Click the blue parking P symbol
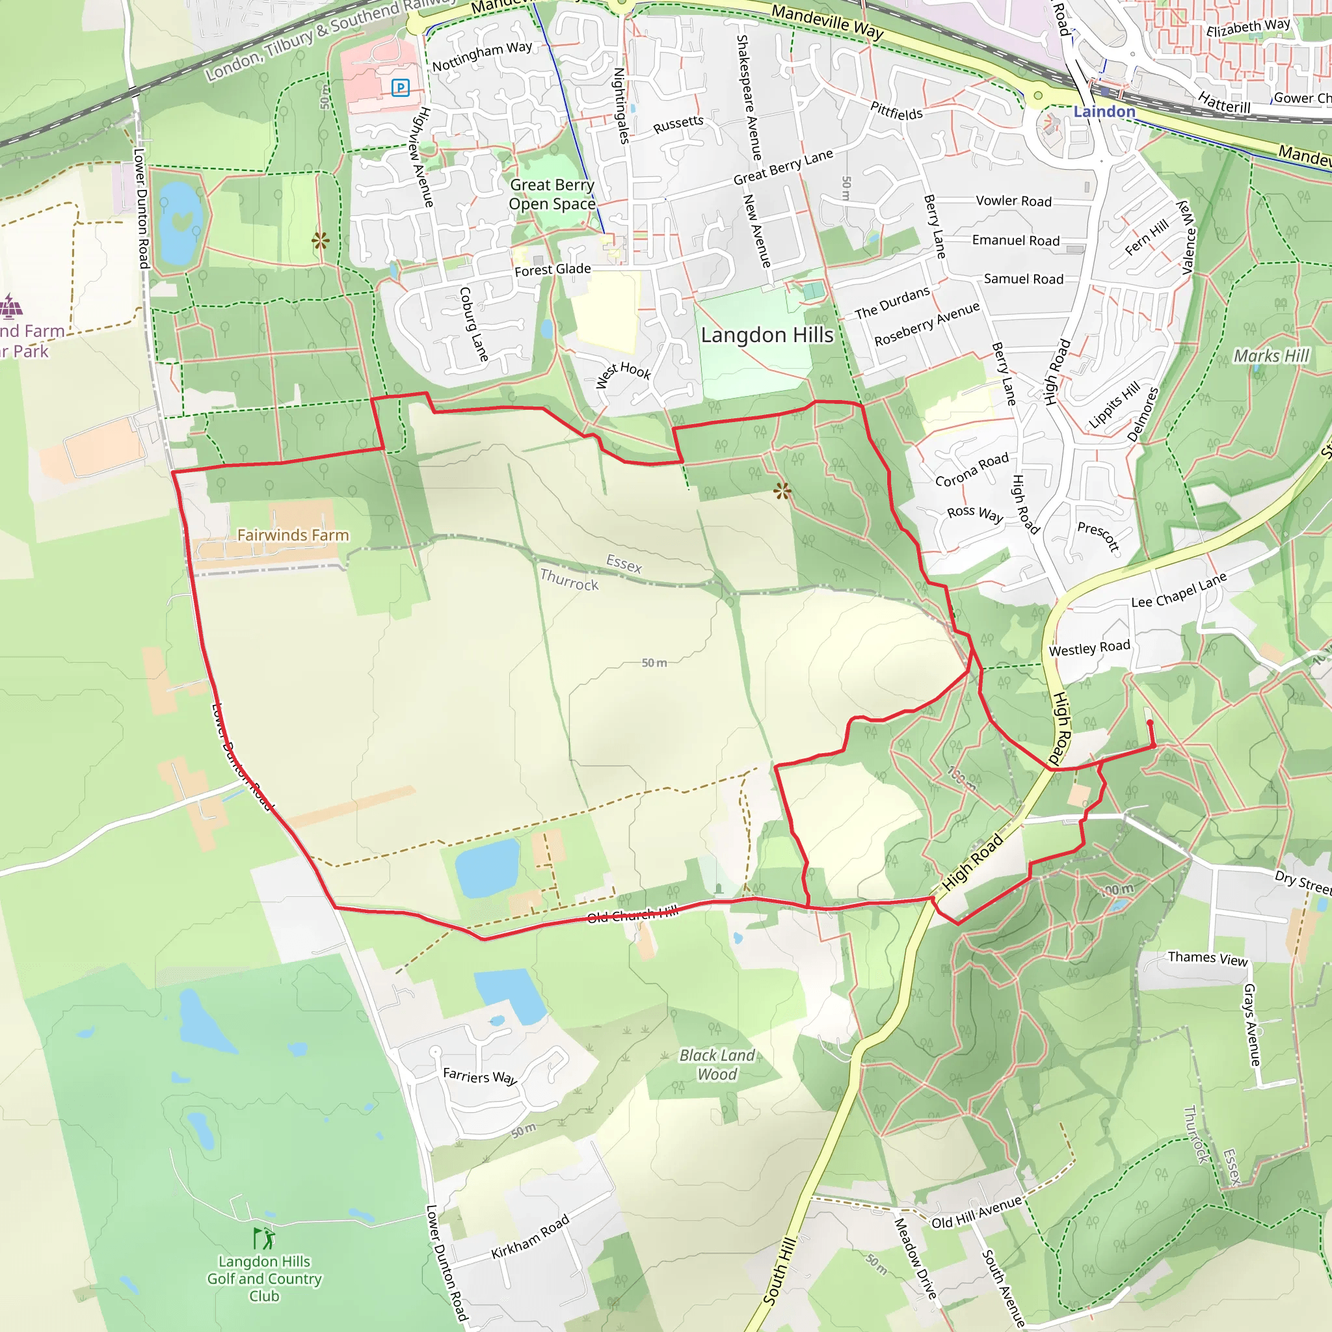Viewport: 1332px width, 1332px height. coord(401,88)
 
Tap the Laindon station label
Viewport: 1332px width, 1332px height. coord(1104,112)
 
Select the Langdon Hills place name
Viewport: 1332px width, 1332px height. coord(767,335)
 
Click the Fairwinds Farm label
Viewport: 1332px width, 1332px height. coord(293,535)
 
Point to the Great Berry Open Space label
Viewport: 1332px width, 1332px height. coord(552,194)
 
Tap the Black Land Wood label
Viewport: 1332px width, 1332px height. coord(717,1065)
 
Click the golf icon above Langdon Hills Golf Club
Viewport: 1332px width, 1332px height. coord(264,1239)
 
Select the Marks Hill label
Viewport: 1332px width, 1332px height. coord(1271,356)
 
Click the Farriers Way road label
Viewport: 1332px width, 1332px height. coord(479,1076)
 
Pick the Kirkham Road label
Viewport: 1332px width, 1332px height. coord(530,1236)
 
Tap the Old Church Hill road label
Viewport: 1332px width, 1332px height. coord(632,915)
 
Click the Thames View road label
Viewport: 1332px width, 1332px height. coord(1207,958)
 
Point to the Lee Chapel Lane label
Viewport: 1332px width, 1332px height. coord(1179,590)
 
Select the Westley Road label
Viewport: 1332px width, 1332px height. coord(1089,648)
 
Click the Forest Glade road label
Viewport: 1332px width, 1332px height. coord(552,269)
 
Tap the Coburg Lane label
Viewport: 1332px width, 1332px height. coord(473,324)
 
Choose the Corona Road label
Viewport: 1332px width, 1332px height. coord(972,470)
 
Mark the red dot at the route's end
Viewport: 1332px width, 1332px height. coord(1150,723)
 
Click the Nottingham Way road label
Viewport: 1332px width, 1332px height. coord(482,57)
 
